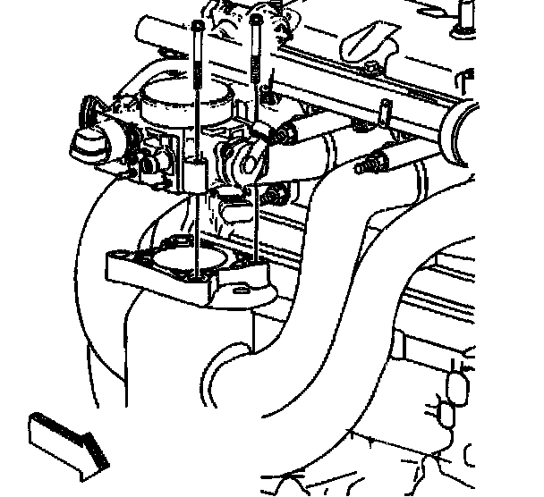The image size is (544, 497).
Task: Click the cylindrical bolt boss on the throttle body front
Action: pos(196,173)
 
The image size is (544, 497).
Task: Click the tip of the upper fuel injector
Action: pos(285,135)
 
